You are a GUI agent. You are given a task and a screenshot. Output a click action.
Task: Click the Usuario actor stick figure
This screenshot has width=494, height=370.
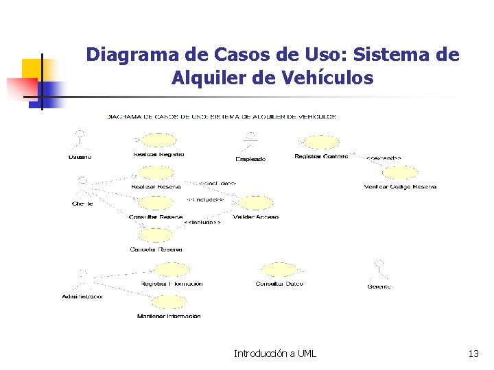(x=80, y=140)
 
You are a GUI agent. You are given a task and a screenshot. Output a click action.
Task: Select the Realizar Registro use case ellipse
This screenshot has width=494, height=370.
(x=157, y=141)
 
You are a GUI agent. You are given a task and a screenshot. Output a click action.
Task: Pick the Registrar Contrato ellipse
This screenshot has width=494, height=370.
(x=321, y=142)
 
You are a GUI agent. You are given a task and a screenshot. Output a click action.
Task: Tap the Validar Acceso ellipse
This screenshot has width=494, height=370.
(x=255, y=203)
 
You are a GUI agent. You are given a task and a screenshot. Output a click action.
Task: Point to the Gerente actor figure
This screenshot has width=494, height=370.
(x=379, y=270)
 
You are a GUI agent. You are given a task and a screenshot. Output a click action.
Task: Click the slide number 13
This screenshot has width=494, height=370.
(x=473, y=354)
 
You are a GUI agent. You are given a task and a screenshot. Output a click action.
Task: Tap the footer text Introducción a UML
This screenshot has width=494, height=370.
(x=275, y=354)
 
